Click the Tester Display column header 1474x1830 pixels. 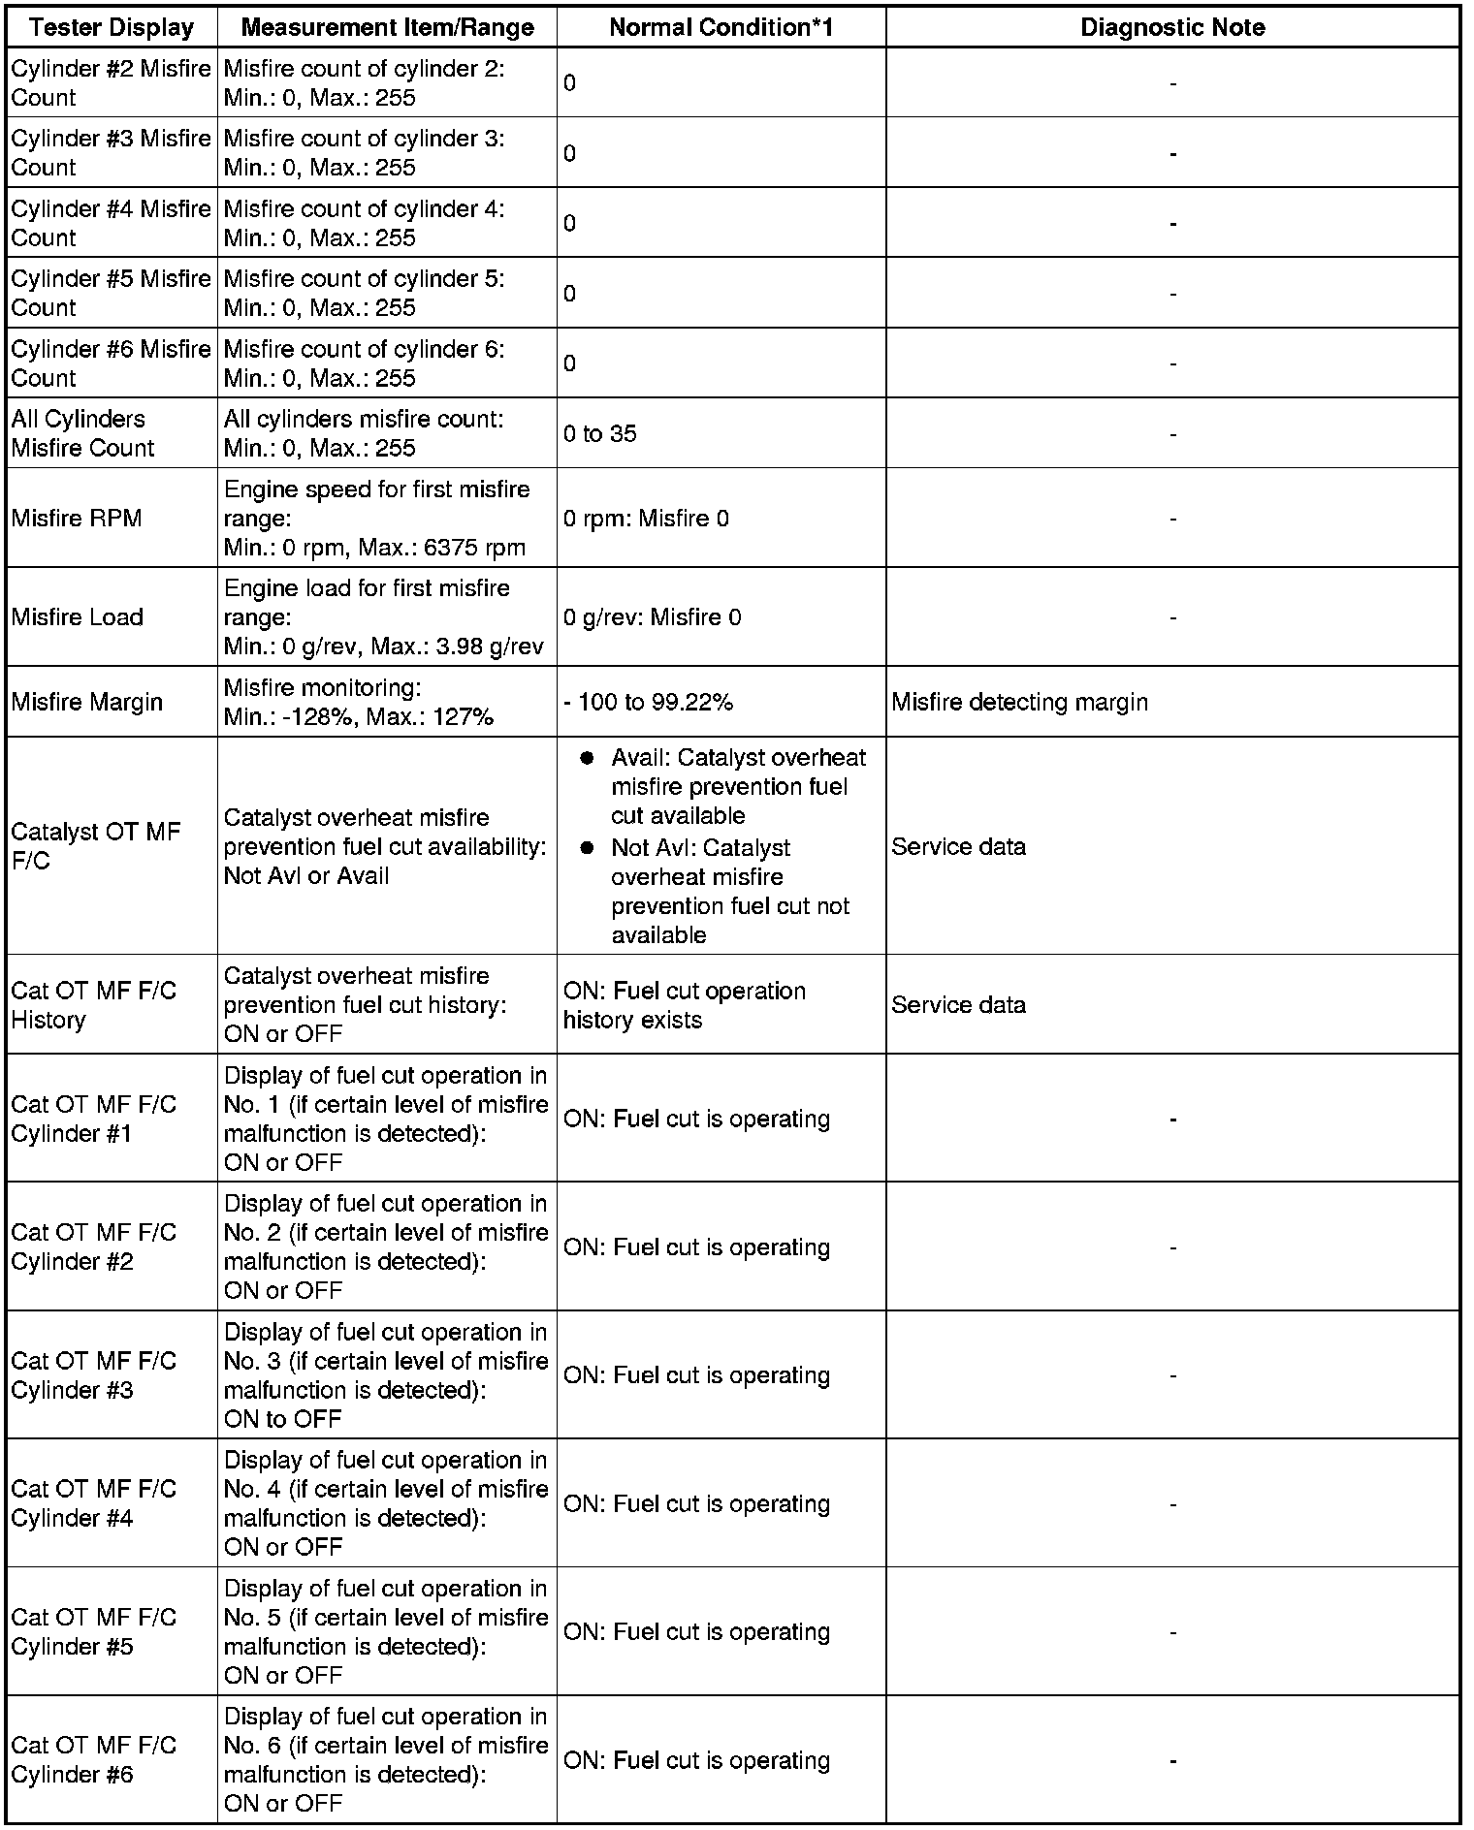point(112,27)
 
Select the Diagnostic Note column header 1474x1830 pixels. point(1172,27)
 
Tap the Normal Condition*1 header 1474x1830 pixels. point(721,27)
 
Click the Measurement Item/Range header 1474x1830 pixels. point(387,27)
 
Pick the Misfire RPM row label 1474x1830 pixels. point(77,519)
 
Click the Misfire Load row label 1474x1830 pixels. point(78,617)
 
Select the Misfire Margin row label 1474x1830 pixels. point(87,702)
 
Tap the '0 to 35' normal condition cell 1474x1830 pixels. point(600,434)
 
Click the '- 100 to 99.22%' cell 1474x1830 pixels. point(648,702)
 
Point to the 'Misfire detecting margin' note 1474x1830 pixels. point(1019,702)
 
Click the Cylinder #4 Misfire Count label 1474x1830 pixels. point(111,223)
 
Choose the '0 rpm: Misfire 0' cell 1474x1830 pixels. point(646,519)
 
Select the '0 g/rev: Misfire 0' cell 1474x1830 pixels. point(652,617)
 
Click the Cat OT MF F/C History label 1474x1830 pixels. point(94,1005)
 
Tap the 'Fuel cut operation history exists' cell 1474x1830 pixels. point(685,1005)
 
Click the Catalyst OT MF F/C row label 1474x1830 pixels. point(96,846)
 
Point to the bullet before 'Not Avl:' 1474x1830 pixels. point(586,848)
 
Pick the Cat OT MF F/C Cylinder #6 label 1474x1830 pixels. point(94,1760)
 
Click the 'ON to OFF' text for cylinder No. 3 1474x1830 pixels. point(283,1419)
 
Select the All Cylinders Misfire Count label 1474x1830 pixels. point(83,433)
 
